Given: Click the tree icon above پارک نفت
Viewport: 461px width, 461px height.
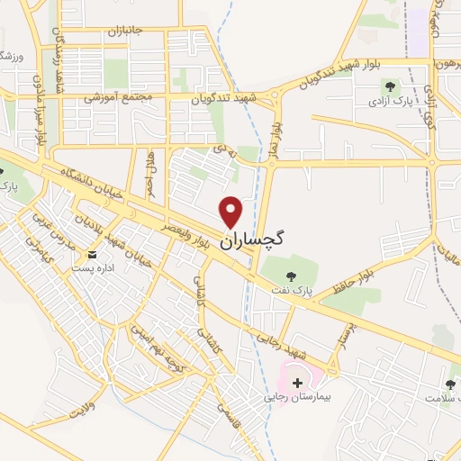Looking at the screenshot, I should click(x=291, y=275).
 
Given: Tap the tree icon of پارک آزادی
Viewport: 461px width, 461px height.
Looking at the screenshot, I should click(x=390, y=86).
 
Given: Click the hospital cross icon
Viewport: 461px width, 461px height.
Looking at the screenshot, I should click(x=298, y=383).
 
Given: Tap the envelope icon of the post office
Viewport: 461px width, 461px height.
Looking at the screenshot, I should click(x=93, y=256).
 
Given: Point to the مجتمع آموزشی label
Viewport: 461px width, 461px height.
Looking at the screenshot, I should click(x=122, y=96).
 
